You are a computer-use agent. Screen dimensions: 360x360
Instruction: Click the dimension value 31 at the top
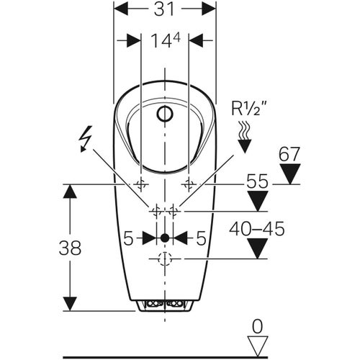pyautogui.click(x=164, y=9)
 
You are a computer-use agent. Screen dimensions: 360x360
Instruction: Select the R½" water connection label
pyautogui.click(x=249, y=109)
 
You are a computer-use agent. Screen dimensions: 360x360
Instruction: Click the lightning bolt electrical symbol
pyautogui.click(x=86, y=139)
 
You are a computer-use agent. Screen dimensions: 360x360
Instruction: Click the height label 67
pyautogui.click(x=289, y=154)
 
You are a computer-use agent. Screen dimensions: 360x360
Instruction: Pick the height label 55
pyautogui.click(x=257, y=181)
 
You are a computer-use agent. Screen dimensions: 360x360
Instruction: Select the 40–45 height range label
pyautogui.click(x=257, y=229)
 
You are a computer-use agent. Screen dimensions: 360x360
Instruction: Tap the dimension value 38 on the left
pyautogui.click(x=70, y=248)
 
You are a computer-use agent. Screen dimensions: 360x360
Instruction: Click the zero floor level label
pyautogui.click(x=258, y=326)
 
